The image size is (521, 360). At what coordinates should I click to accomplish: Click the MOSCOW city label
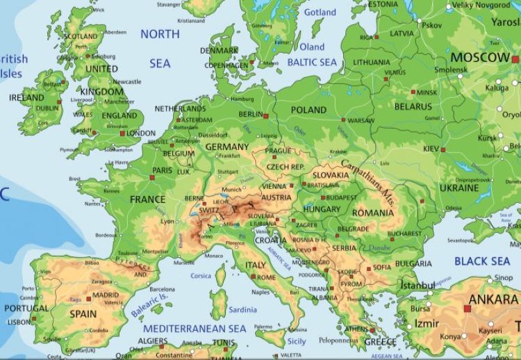[480, 56]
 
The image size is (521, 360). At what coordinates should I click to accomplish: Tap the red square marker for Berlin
[265, 115]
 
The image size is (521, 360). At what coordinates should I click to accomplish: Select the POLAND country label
[308, 110]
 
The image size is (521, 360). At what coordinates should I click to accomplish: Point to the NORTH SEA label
[160, 49]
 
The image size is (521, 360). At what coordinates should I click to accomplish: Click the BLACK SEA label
[482, 261]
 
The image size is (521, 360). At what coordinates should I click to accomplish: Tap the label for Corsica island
[201, 276]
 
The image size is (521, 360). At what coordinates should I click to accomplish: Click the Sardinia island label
[242, 309]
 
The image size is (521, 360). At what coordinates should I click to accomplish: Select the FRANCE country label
[147, 199]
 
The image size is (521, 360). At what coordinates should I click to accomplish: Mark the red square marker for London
[123, 133]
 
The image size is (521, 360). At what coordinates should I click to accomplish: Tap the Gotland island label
[320, 13]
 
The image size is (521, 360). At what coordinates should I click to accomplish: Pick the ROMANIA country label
[372, 212]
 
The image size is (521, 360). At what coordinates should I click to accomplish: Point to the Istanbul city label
[417, 285]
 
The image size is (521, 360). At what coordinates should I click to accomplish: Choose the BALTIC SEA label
[312, 63]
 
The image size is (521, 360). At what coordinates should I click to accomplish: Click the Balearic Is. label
[150, 304]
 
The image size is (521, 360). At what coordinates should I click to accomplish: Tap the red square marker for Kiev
[443, 149]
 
